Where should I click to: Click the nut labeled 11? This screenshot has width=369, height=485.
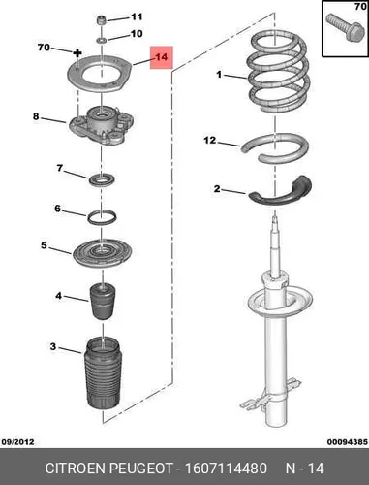102,20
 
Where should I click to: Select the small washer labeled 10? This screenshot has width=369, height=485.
102,41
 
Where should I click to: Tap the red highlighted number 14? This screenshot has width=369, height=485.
162,57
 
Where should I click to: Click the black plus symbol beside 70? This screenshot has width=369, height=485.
77,52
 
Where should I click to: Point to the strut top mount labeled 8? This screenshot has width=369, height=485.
102,126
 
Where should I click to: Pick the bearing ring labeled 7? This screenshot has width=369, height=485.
103,180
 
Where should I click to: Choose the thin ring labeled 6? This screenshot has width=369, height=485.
102,217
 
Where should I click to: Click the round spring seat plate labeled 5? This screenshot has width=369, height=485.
102,254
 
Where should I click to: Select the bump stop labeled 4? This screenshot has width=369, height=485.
103,302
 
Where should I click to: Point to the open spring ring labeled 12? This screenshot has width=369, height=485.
275,148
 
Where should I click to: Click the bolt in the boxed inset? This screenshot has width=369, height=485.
343,27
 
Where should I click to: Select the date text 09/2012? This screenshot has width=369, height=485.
17,441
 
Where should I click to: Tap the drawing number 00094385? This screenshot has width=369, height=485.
347,441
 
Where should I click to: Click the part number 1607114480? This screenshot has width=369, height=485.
226,468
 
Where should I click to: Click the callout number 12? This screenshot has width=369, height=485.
210,140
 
